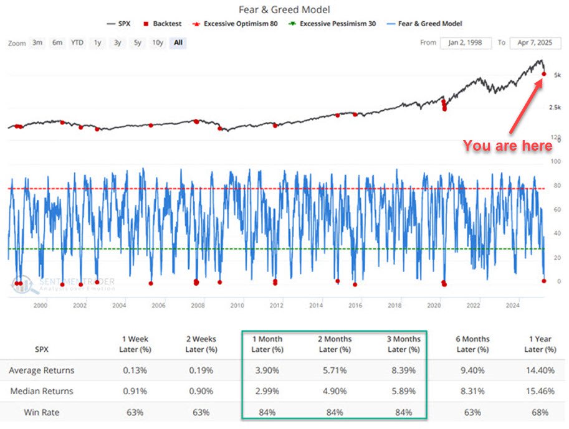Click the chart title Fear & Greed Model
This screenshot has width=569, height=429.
284,9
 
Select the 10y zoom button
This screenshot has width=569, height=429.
158,43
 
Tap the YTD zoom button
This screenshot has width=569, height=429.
77,43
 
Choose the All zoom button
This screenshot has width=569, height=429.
178,43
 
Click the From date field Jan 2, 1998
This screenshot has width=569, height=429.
466,43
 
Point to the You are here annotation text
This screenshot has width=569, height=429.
507,146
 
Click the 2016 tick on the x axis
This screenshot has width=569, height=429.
355,305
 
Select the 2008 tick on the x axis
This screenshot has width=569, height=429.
198,305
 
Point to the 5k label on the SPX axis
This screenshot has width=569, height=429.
554,73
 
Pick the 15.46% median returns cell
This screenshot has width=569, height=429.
541,391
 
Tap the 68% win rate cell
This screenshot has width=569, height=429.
541,412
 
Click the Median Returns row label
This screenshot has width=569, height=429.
41,391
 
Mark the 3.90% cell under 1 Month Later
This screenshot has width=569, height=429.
267,370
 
